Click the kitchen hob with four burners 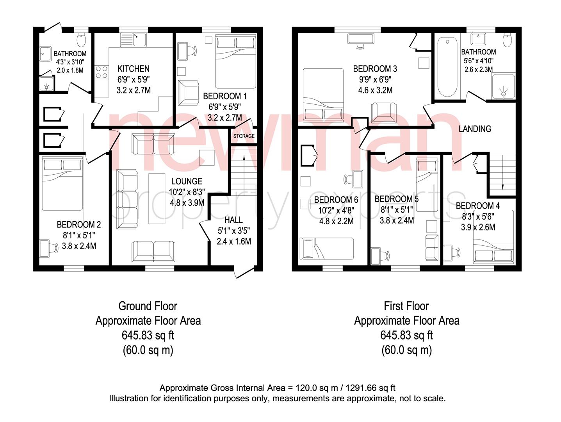[102, 72]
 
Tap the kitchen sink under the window [134, 39]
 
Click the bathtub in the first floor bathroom [447, 67]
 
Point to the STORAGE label [244, 136]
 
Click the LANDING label [475, 129]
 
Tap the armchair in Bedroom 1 [188, 93]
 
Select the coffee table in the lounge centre [157, 199]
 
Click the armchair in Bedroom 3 [384, 113]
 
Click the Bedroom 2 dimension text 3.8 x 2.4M [79, 246]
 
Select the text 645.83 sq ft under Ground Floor [148, 335]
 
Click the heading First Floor [406, 306]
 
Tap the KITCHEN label [134, 69]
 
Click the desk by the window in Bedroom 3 [360, 39]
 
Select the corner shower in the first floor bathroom [503, 86]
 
